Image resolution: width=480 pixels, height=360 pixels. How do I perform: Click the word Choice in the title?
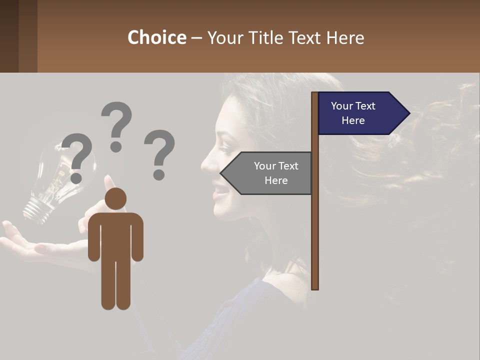[156, 37]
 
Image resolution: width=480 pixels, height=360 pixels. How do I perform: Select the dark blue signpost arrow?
[360, 113]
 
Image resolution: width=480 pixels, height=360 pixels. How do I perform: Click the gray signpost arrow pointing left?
[267, 173]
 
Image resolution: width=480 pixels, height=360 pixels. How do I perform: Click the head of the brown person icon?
[115, 198]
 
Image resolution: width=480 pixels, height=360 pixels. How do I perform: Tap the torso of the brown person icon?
[115, 235]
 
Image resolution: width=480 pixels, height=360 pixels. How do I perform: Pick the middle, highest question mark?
[116, 125]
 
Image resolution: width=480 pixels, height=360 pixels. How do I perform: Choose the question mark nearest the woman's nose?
[159, 152]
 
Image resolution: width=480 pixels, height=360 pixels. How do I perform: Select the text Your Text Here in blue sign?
[353, 113]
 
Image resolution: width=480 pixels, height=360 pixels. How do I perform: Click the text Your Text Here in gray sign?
[276, 173]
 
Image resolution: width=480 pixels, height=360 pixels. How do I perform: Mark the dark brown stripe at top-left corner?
[9, 36]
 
